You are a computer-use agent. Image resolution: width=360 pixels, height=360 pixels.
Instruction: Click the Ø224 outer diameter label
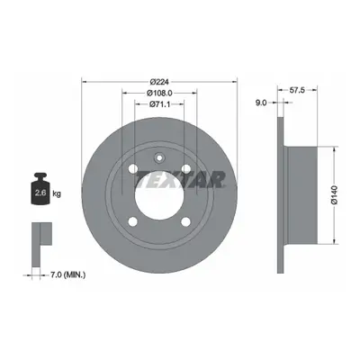pyautogui.click(x=159, y=82)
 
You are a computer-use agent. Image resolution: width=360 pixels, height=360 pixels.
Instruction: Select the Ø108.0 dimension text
pyautogui.click(x=159, y=93)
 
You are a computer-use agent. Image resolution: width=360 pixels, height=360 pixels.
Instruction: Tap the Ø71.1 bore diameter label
pyautogui.click(x=159, y=104)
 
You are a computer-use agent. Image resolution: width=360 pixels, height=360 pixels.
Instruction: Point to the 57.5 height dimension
pyautogui.click(x=297, y=90)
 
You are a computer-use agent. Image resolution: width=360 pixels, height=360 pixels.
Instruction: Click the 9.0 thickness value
pyautogui.click(x=261, y=103)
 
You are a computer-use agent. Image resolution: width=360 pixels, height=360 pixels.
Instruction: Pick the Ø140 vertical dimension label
pyautogui.click(x=335, y=195)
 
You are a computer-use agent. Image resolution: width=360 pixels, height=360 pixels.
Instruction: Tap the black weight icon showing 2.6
pyautogui.click(x=40, y=189)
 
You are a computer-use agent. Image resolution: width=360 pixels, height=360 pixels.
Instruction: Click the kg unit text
pyautogui.click(x=57, y=193)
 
